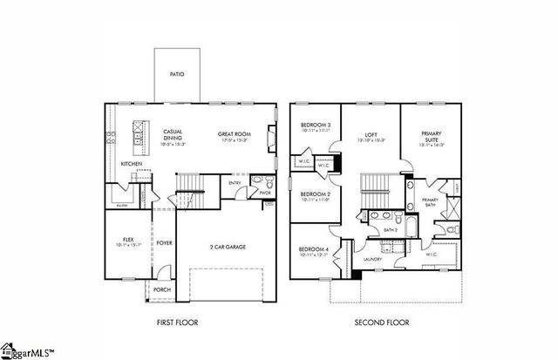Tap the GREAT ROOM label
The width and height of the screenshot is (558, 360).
(234, 135)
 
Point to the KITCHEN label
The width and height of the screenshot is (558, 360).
(131, 163)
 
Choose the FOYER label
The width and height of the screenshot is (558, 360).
(163, 243)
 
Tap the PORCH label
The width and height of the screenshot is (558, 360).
(162, 290)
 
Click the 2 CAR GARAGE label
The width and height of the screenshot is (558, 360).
(228, 247)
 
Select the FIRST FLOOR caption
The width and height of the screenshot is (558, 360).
(177, 323)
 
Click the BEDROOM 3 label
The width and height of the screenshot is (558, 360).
(315, 125)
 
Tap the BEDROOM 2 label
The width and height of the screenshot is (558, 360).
(315, 194)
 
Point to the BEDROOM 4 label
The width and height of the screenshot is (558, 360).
(315, 250)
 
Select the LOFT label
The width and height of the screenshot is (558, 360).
(371, 135)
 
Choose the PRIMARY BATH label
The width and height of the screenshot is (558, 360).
(431, 201)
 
